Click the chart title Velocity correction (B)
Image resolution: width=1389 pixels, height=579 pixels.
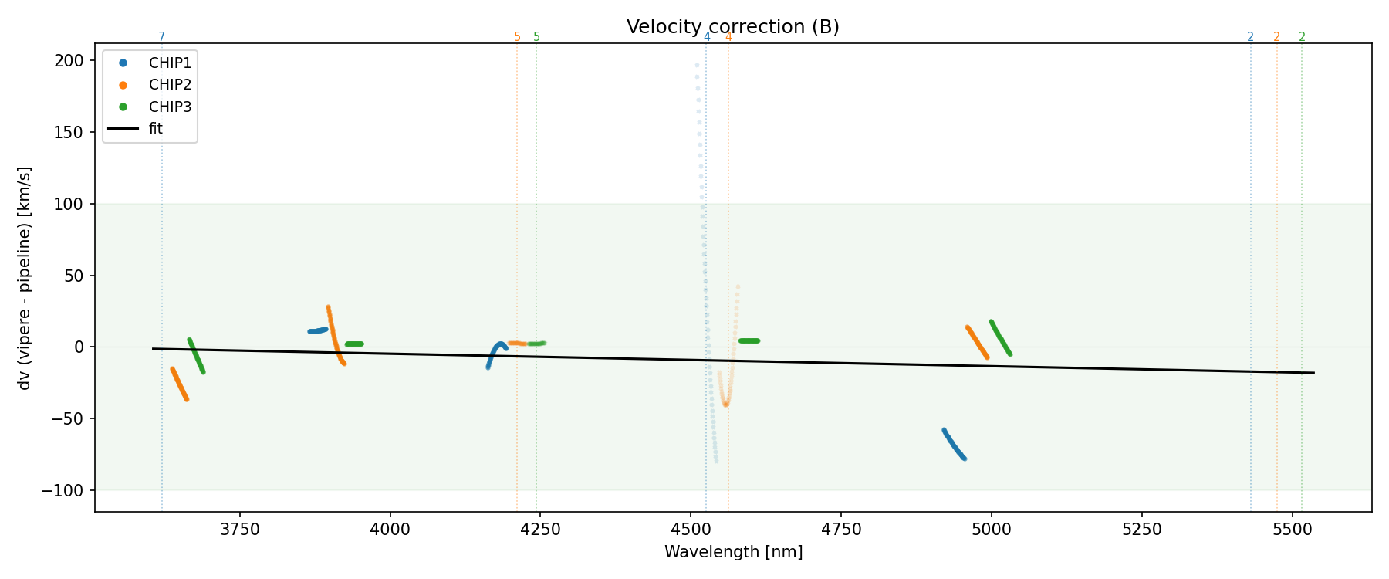pos(732,27)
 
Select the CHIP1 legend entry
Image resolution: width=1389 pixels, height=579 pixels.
pos(170,63)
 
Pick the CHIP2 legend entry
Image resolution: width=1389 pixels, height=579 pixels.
pos(170,85)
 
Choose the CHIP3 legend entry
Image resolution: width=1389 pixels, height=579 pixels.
pos(170,107)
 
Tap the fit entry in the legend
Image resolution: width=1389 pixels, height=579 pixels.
pos(156,129)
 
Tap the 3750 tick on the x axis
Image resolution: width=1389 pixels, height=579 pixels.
pos(240,530)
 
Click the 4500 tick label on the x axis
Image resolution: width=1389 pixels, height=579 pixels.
pos(691,530)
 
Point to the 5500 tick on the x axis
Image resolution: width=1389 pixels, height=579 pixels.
pos(1292,530)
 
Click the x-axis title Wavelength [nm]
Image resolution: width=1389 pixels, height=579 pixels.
pos(733,553)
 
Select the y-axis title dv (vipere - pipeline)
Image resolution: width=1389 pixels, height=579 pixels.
pos(25,278)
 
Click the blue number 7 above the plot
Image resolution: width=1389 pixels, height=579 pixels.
pos(161,37)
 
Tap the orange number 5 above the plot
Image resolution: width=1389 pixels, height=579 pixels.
pos(517,37)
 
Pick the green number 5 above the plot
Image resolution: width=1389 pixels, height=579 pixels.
pos(536,37)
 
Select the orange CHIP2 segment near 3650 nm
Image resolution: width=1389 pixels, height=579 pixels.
pos(179,384)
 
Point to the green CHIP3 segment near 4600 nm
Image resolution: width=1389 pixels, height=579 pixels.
pos(749,340)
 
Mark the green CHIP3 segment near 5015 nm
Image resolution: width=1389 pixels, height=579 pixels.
pos(1000,337)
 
